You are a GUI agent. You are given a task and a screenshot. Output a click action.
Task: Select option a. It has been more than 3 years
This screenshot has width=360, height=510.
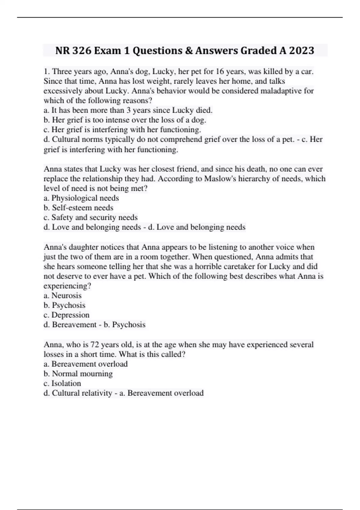(x=128, y=110)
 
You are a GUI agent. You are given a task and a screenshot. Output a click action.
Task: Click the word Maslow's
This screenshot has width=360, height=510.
(x=219, y=178)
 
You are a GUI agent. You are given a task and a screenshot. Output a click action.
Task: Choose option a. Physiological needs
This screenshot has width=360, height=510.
(x=81, y=198)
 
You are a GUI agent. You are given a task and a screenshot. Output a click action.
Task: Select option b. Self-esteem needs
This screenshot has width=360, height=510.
(x=79, y=208)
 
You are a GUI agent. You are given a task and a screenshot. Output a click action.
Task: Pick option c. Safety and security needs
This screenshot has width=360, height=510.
(x=91, y=217)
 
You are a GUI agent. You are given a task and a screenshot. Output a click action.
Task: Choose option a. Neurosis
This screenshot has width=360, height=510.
(x=63, y=295)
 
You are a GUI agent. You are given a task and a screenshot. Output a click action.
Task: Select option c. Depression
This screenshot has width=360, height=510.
(x=67, y=315)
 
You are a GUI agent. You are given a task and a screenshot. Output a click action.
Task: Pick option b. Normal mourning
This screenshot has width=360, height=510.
(x=78, y=373)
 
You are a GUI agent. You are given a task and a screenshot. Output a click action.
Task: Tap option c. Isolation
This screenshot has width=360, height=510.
(x=62, y=383)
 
